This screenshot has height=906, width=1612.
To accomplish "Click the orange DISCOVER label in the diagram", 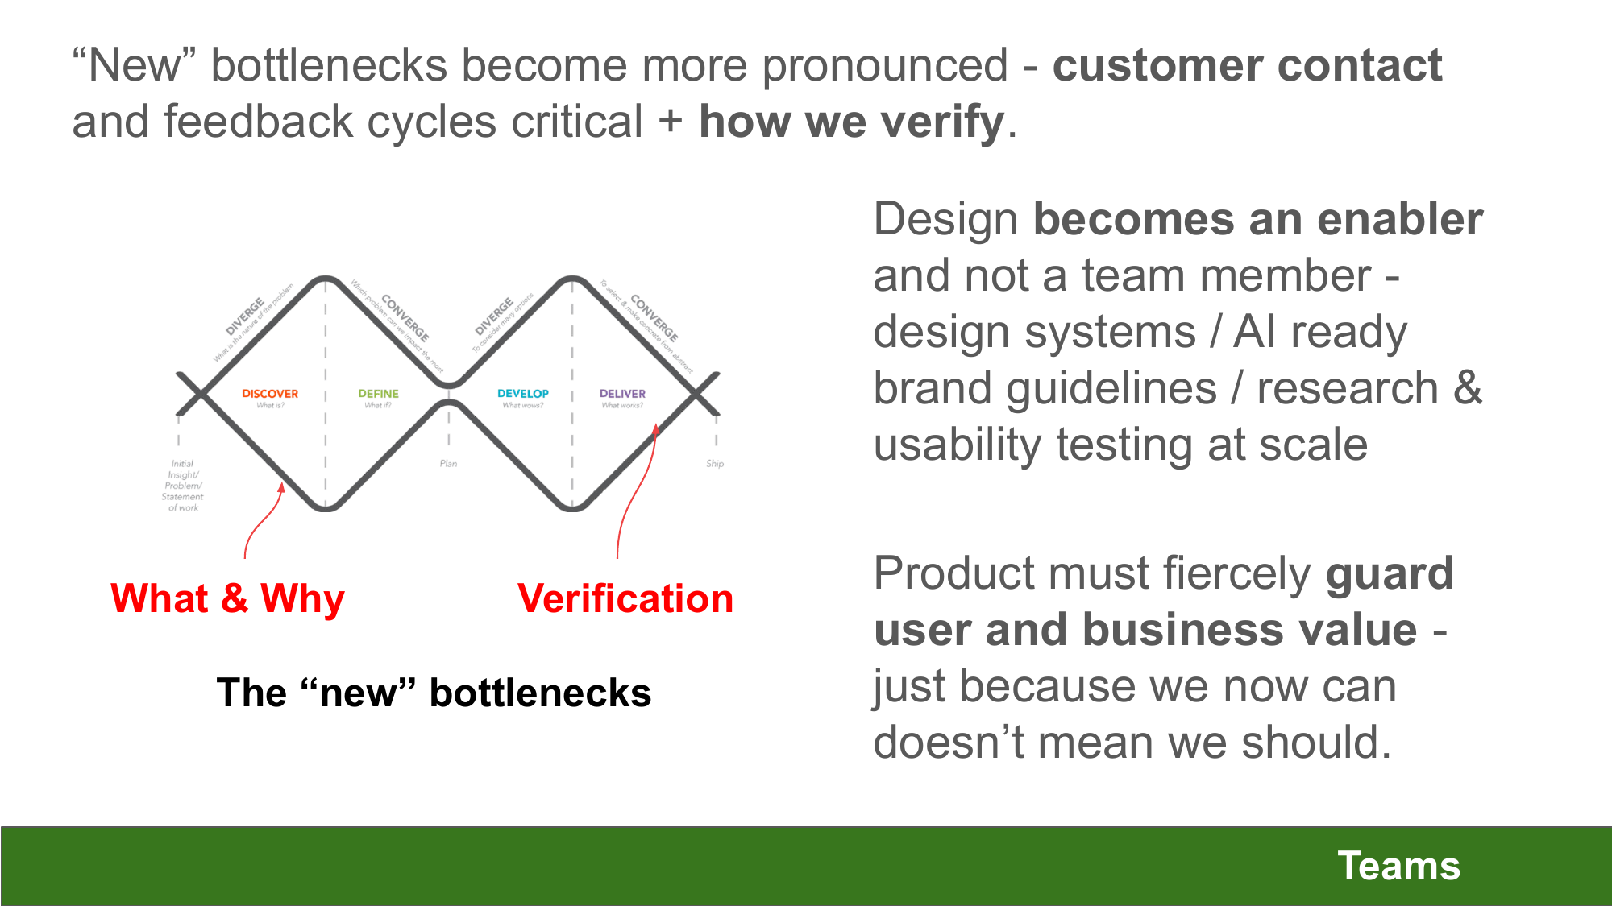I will coord(270,394).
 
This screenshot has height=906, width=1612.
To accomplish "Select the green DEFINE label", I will coord(378,394).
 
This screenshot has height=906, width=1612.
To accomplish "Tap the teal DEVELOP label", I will coord(522,394).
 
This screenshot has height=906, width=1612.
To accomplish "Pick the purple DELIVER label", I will coord(622,394).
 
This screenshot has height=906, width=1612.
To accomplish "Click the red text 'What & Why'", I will coord(227,598).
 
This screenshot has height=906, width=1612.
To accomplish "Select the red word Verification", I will coord(625,598).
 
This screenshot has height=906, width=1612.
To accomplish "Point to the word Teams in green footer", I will coord(1398,867).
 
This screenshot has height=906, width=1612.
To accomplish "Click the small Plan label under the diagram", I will coord(448,464).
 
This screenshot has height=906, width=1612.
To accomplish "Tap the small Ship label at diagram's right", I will coord(715,464).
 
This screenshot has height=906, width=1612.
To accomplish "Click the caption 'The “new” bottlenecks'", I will coord(434,693).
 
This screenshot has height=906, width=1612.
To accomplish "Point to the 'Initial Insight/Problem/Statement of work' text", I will coord(183,486).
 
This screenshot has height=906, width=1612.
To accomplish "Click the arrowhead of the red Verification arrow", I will coord(656,429).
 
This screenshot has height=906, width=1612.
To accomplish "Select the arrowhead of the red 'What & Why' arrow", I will coord(281,488).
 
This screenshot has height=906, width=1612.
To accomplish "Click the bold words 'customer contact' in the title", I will coord(1247,65).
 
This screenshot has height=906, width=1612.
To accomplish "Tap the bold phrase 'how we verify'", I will coord(851,122).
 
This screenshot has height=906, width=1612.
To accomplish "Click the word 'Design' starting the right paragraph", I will coord(945,219).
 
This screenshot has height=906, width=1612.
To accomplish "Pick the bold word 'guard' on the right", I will coord(1390,573).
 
